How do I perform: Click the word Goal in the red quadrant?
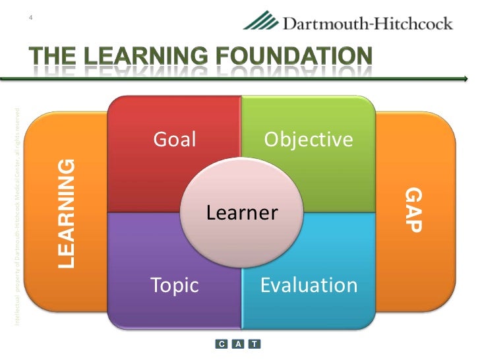(x=175, y=139)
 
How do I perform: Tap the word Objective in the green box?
(x=309, y=140)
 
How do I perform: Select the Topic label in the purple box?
(x=174, y=285)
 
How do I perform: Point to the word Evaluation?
(x=309, y=285)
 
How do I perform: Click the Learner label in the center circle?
(x=242, y=213)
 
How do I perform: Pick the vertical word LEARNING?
(x=67, y=214)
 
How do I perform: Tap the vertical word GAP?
(x=413, y=210)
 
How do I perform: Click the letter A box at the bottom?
(x=238, y=344)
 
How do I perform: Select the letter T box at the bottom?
(x=255, y=344)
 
